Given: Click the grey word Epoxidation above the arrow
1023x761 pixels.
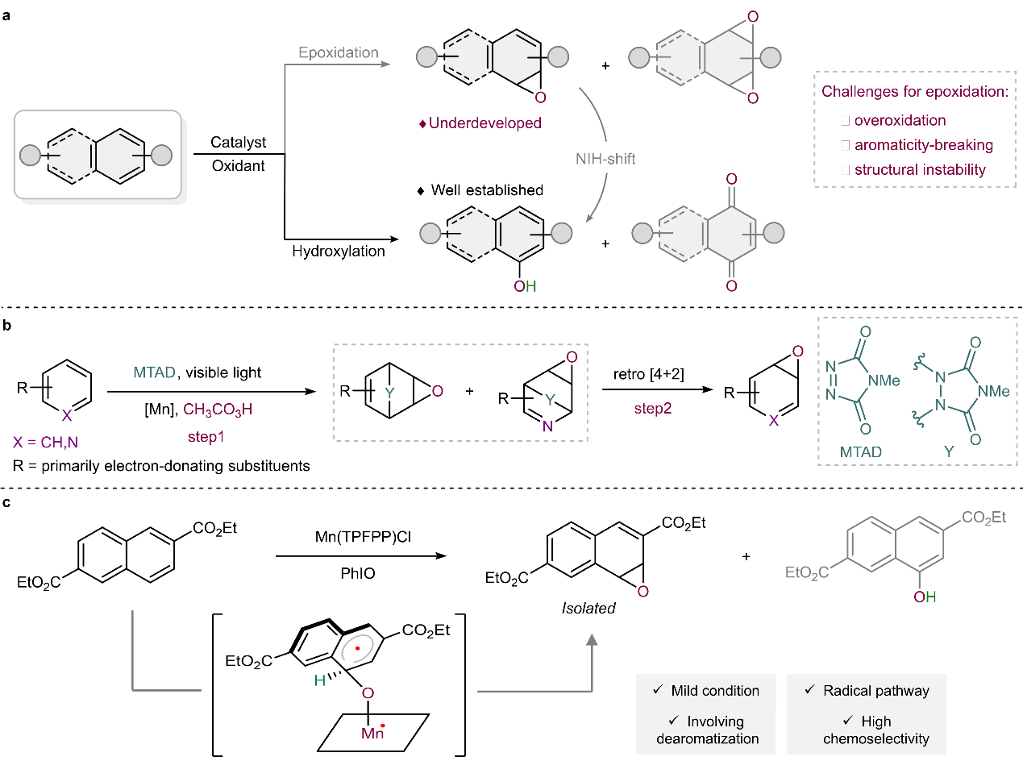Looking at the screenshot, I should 339,52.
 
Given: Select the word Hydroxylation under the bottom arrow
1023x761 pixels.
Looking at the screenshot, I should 339,252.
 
